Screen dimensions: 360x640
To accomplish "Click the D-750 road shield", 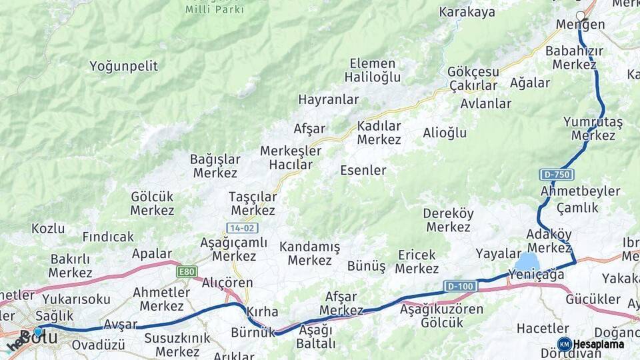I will pyautogui.click(x=556, y=175).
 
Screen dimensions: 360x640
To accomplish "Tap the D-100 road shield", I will pyautogui.click(x=461, y=287).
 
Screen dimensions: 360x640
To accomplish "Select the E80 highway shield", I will pyautogui.click(x=187, y=272).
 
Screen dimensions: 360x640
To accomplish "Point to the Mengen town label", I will pyautogui.click(x=581, y=25).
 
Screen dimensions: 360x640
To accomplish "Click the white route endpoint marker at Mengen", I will pyautogui.click(x=580, y=16).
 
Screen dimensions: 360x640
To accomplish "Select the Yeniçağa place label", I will pyautogui.click(x=531, y=273).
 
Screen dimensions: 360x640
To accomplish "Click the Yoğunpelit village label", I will pyautogui.click(x=124, y=66).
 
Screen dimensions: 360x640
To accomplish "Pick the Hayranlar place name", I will pyautogui.click(x=329, y=100).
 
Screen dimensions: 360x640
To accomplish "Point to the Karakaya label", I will pyautogui.click(x=467, y=12).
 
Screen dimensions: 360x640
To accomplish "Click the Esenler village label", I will pyautogui.click(x=363, y=170).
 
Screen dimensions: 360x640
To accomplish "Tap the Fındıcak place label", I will pyautogui.click(x=108, y=237).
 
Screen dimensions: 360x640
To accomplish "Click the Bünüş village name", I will pyautogui.click(x=366, y=266).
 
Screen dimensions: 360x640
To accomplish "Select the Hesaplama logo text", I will pyautogui.click(x=598, y=345).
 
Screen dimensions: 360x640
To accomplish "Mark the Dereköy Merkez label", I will pyautogui.click(x=448, y=220).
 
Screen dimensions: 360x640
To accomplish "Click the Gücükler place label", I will pyautogui.click(x=593, y=299).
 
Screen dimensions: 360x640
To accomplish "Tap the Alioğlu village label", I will pyautogui.click(x=445, y=133).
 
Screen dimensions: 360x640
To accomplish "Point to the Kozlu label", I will pyautogui.click(x=48, y=229).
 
